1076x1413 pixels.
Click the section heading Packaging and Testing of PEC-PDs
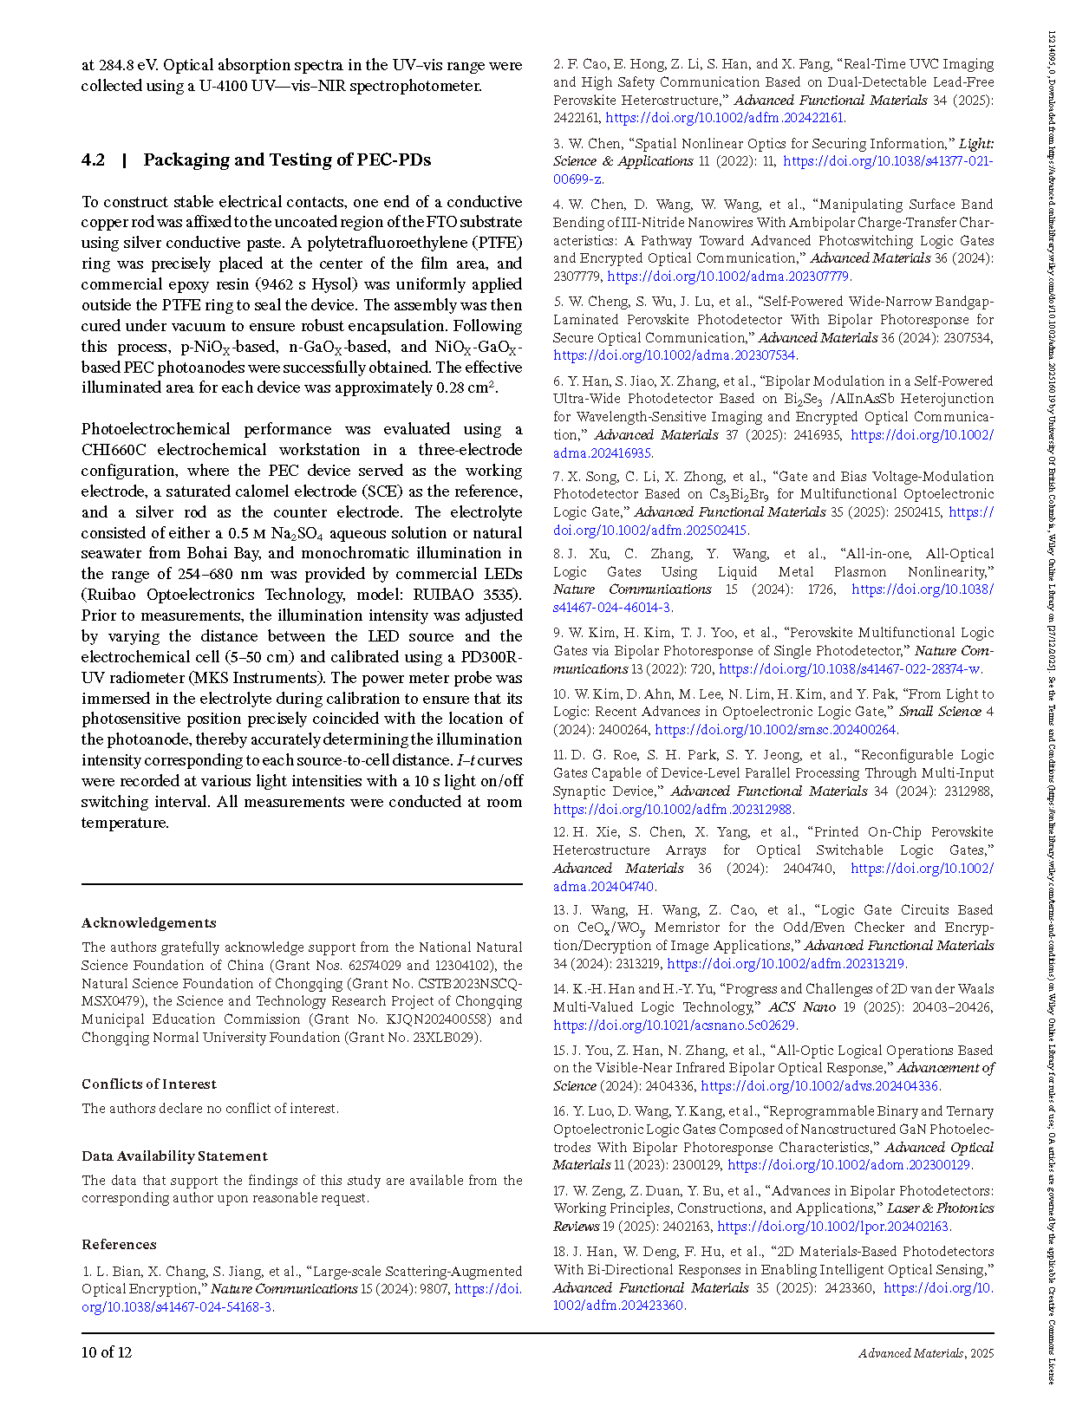tap(287, 160)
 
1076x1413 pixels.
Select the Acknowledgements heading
tap(149, 922)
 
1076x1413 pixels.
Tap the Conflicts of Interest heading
tap(149, 1084)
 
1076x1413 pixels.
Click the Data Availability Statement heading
tap(174, 1156)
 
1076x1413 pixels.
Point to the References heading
tap(119, 1244)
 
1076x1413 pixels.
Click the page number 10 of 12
tap(107, 1351)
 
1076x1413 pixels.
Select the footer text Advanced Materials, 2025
tap(926, 1352)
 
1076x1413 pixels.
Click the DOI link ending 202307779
tap(728, 277)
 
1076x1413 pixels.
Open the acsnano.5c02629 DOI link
tap(675, 1026)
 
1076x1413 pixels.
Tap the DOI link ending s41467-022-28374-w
tap(850, 669)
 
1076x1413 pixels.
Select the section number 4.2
tap(93, 160)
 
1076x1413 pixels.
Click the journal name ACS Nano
tap(802, 1007)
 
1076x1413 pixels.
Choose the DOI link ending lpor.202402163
tap(833, 1227)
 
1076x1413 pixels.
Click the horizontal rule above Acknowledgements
tap(302, 884)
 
